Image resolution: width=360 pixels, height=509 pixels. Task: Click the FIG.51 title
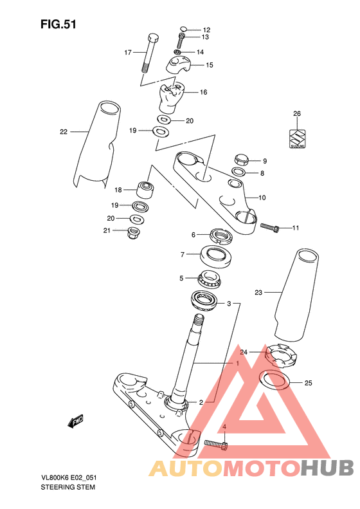click(x=59, y=24)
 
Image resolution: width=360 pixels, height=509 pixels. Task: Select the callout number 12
click(x=206, y=30)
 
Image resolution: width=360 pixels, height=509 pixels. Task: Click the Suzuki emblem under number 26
click(x=297, y=139)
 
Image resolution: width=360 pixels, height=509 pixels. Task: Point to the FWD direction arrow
click(x=75, y=421)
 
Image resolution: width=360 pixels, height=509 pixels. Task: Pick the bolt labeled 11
click(x=270, y=227)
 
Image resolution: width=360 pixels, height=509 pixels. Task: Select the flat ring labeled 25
click(x=274, y=380)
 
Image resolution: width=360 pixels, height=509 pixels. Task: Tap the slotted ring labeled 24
click(x=281, y=356)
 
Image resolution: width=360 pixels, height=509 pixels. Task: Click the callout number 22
click(x=64, y=131)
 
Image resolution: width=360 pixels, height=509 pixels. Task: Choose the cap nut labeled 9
click(x=241, y=160)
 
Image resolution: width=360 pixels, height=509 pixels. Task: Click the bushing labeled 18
click(x=145, y=190)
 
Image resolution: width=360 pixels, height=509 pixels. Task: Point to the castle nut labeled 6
click(x=221, y=236)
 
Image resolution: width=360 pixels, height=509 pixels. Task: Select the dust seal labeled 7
click(x=215, y=257)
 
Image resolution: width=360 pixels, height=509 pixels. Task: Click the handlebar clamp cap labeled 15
click(x=179, y=64)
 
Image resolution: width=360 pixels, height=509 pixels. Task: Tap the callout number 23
click(x=258, y=293)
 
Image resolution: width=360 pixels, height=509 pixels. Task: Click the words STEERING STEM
click(x=67, y=487)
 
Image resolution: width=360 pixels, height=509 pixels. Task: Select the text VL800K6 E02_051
click(x=68, y=478)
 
